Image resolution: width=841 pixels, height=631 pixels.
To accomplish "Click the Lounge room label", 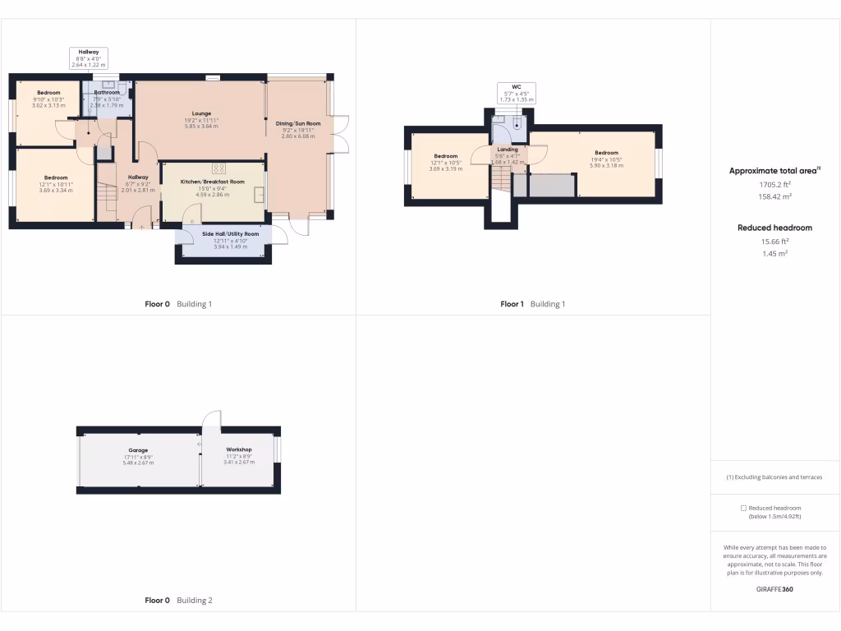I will [x=201, y=113].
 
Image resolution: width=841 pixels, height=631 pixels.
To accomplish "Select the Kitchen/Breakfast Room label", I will [x=213, y=182].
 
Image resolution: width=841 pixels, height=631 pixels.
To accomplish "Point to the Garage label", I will [x=138, y=450].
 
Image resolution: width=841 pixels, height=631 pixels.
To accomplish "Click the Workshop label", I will [x=239, y=449].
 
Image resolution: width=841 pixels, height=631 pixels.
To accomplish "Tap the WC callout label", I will [x=517, y=86].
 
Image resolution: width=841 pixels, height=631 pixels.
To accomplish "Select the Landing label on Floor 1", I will [x=508, y=150].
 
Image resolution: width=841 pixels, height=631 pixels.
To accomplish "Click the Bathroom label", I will [x=107, y=93].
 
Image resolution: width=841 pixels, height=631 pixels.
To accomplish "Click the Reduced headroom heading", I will [x=774, y=228].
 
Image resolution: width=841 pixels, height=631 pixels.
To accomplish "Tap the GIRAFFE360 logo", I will [x=774, y=589].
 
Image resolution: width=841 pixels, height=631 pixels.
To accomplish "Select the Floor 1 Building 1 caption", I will [x=532, y=304].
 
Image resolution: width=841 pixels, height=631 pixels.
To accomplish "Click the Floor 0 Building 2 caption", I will [x=178, y=601].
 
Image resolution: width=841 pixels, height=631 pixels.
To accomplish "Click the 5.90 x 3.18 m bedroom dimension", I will [x=606, y=166].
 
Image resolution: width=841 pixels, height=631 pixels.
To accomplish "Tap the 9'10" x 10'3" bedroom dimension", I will [x=48, y=99].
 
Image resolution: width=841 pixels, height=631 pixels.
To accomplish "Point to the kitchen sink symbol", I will [x=260, y=195].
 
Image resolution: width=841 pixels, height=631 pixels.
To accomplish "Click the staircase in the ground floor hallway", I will [x=106, y=197].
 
